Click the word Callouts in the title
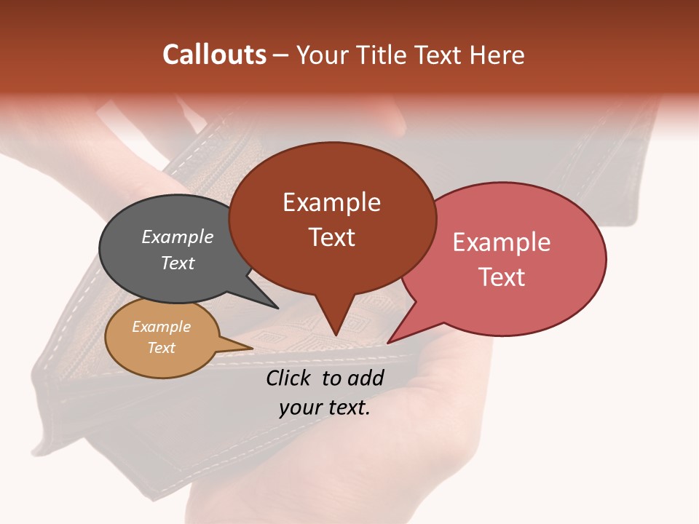point(214,55)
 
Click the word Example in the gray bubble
point(177,237)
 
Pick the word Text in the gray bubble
point(177,263)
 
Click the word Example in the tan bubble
point(161,327)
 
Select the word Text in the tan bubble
point(161,348)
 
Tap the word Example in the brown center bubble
point(331,202)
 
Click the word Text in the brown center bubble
point(331,237)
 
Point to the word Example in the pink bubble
point(502,242)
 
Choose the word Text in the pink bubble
point(502,277)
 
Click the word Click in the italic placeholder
point(290,378)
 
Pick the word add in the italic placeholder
point(366,378)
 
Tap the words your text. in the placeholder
point(324,408)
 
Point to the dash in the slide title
point(281,56)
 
